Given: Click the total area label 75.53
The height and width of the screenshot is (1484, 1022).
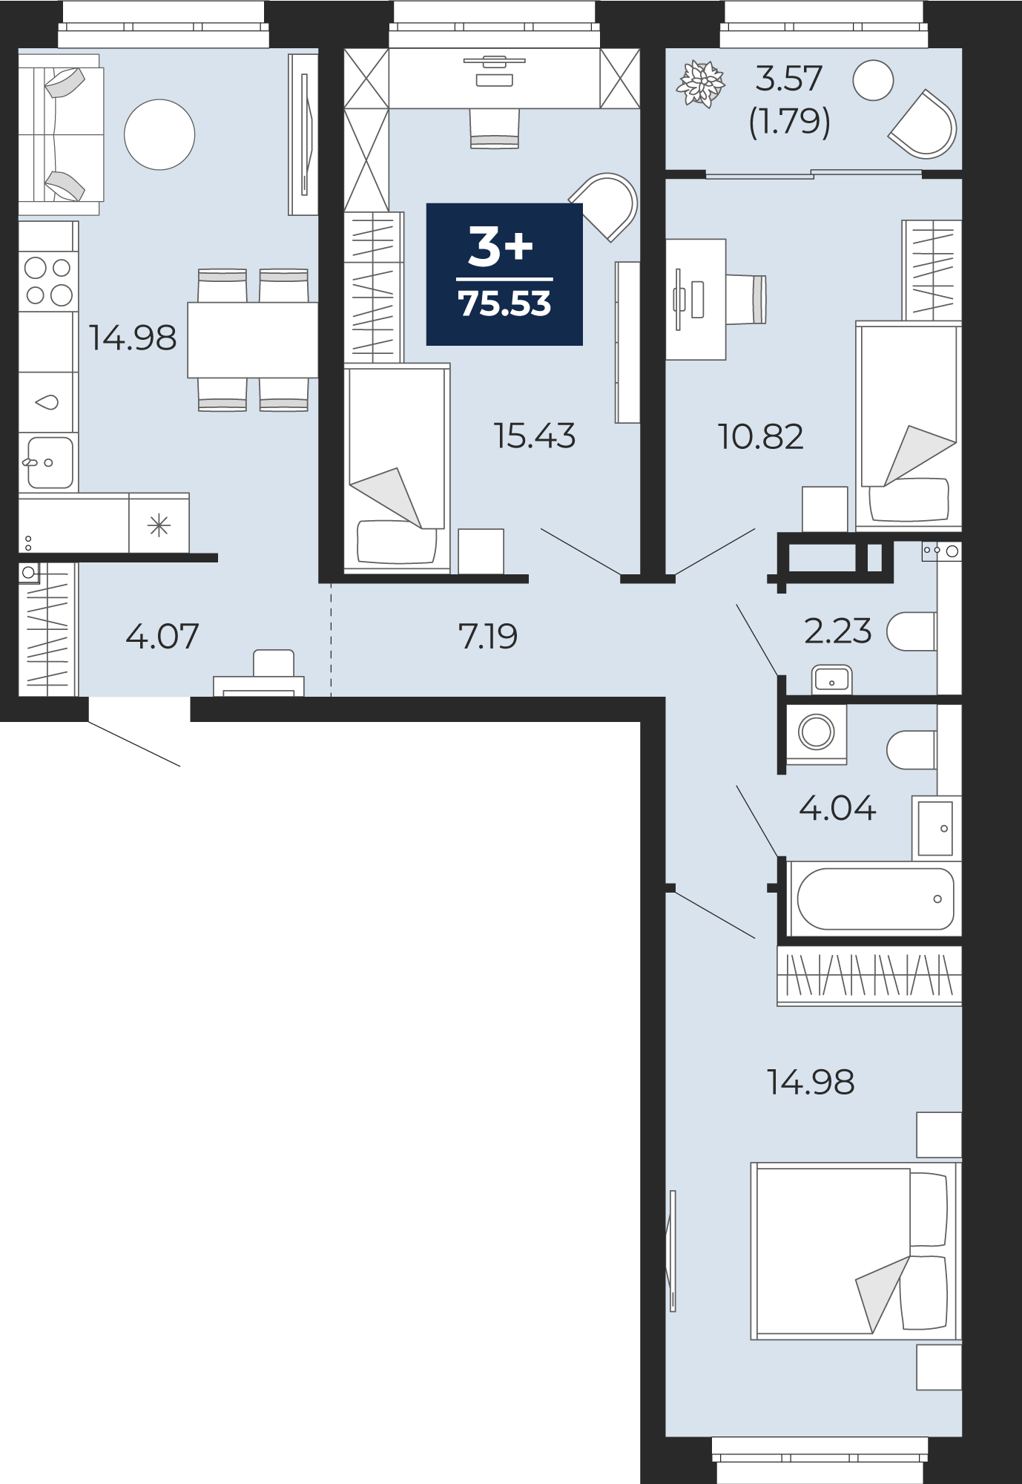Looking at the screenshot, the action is pos(504,304).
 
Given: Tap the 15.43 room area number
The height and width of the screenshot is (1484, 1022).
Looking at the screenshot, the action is pos(534,436).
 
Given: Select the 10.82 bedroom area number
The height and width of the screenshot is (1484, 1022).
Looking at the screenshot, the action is pos(761,437).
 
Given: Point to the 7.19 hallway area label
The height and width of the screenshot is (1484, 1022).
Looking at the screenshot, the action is pos(487,637).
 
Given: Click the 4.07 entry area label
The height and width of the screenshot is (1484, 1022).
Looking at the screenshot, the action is pos(162,637).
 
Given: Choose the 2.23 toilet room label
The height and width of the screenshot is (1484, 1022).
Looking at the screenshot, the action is pos(838,631).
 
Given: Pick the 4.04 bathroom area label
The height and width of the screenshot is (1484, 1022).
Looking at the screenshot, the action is pos(837,808).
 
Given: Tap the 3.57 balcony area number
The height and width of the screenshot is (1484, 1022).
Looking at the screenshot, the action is pos(789,79).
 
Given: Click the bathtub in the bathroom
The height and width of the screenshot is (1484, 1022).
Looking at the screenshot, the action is pos(874,899).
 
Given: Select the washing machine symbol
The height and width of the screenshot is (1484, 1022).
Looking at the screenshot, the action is pos(817,733).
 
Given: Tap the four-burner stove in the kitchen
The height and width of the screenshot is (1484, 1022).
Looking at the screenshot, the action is pos(48,281).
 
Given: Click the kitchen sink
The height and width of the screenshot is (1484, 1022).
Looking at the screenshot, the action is pos(50,462).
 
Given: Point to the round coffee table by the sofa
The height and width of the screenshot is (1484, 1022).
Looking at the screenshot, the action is pos(159,135).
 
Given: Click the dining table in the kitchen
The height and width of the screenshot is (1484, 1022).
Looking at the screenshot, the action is pos(252,340).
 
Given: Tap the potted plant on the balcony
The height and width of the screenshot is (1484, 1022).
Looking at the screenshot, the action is pos(700,84).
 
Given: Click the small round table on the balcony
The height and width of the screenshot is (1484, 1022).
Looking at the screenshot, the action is pos(873,80).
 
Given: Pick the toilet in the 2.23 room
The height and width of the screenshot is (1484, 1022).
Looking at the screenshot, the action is pos(911,631).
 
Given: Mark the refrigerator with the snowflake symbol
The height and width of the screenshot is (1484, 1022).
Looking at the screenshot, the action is pos(159,523).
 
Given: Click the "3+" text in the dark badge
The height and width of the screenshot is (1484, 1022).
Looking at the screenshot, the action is pos(501,246).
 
